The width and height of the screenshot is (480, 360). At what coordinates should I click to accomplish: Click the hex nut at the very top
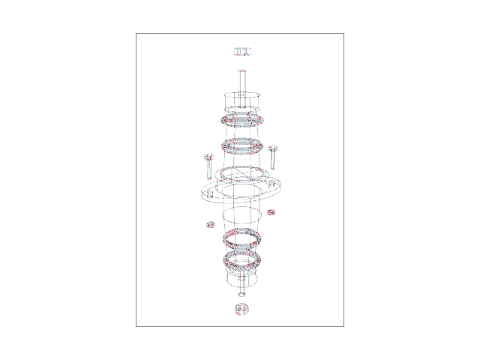click(241, 51)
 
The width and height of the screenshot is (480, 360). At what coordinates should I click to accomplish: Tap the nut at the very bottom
click(241, 308)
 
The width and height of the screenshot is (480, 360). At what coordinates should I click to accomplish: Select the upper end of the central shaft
click(241, 72)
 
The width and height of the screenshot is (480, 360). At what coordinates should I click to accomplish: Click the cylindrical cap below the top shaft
click(241, 100)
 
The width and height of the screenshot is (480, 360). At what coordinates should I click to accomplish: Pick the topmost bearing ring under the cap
click(241, 120)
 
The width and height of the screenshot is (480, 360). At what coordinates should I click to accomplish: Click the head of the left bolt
click(208, 157)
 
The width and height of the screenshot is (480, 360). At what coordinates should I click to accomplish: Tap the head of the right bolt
click(273, 148)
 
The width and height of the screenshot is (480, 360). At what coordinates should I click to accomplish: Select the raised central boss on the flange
click(241, 177)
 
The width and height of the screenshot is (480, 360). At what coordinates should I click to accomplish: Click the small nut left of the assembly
click(211, 223)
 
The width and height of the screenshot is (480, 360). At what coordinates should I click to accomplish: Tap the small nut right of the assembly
click(271, 212)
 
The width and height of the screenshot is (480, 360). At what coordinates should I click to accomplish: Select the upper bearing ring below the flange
click(241, 238)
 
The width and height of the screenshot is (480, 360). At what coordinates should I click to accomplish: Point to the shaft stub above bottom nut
click(241, 289)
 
